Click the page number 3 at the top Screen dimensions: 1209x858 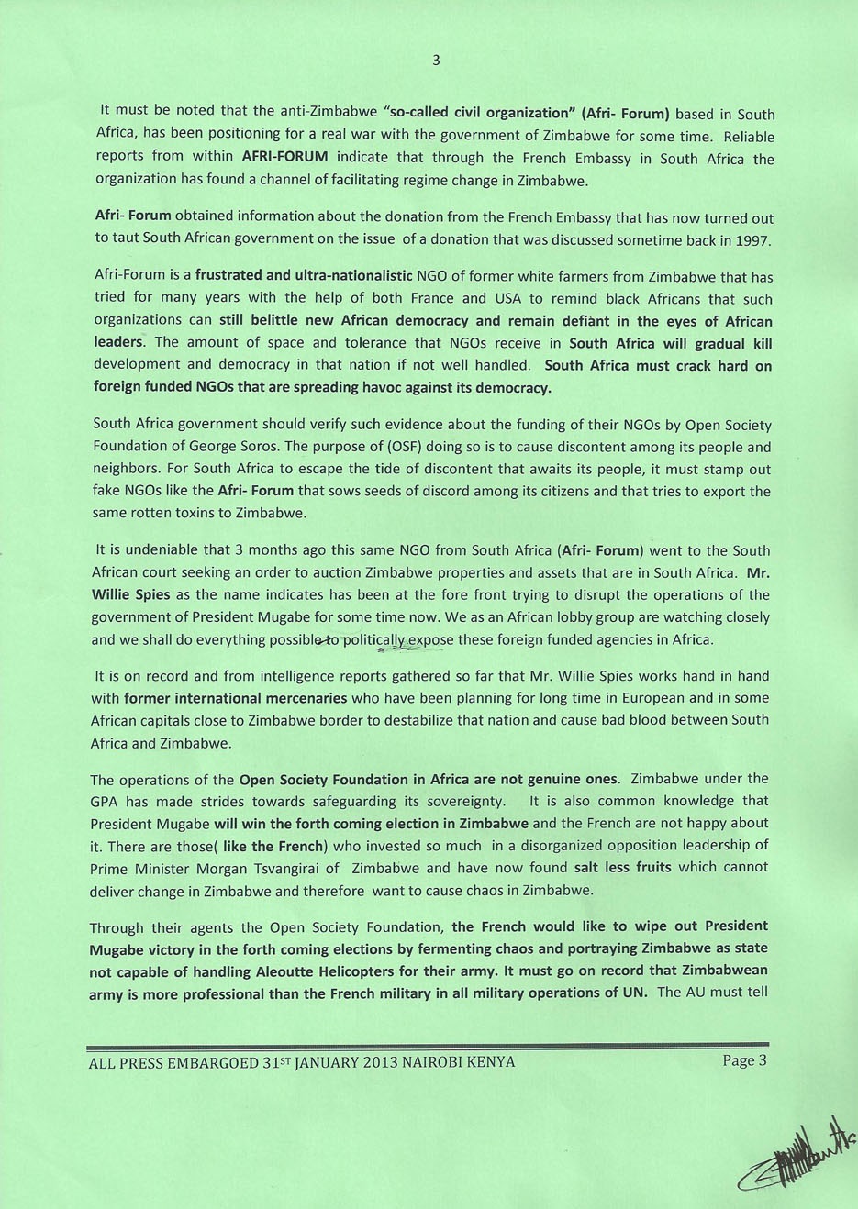click(436, 61)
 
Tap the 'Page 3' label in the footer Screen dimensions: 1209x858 click(743, 1060)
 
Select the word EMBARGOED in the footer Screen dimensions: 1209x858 click(216, 1062)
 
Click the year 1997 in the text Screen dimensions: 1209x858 click(752, 240)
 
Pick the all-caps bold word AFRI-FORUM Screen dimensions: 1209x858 click(284, 157)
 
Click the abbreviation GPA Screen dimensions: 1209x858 click(105, 801)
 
